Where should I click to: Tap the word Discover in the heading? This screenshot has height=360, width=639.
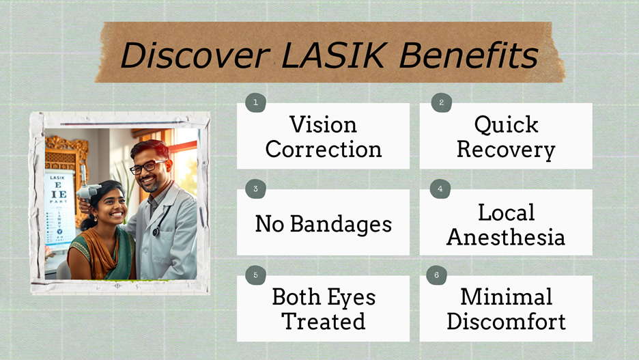click(195, 55)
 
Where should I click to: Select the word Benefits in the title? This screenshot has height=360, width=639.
click(468, 55)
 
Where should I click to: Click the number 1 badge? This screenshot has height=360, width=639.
click(255, 102)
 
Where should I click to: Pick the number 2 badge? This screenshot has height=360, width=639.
click(441, 102)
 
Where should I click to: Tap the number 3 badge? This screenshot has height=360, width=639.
click(255, 189)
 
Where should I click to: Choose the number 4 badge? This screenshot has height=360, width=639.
click(440, 189)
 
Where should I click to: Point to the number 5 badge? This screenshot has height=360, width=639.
click(255, 275)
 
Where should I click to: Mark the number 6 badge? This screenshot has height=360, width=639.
click(436, 275)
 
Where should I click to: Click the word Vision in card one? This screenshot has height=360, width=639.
click(323, 124)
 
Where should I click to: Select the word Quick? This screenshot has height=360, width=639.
click(506, 124)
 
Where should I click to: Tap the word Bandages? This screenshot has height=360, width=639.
click(341, 224)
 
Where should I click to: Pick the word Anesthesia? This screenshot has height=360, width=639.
click(506, 237)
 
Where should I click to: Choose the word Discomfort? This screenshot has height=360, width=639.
click(506, 321)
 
